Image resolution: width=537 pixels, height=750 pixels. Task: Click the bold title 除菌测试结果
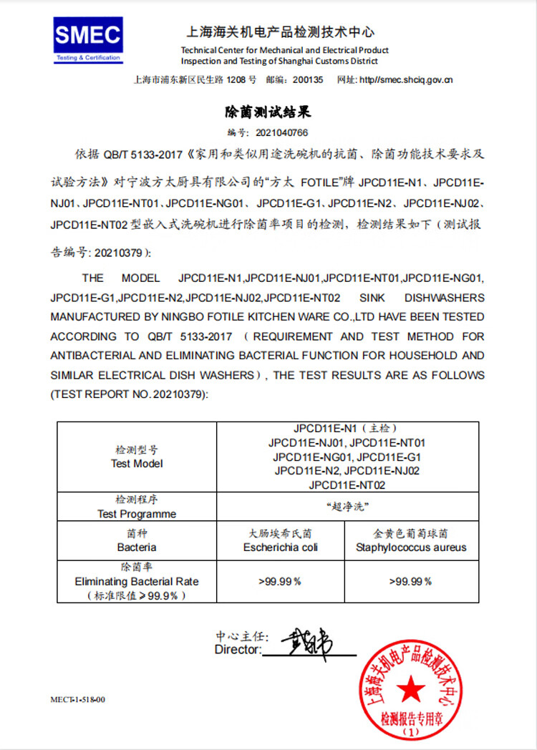click(x=268, y=113)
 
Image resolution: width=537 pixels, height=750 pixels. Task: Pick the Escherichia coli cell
click(x=281, y=547)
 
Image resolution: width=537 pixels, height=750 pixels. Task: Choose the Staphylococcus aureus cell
click(x=411, y=547)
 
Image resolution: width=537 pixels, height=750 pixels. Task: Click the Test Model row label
click(x=137, y=464)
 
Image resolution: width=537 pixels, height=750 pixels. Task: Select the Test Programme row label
click(x=137, y=514)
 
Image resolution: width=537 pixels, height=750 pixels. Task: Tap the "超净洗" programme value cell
click(x=347, y=507)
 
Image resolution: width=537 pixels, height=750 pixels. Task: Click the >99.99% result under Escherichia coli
click(x=280, y=581)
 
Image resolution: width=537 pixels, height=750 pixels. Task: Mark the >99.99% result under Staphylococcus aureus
click(x=411, y=581)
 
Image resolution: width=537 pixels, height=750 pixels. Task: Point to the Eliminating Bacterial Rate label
click(x=137, y=582)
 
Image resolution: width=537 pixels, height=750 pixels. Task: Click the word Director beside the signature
click(x=237, y=650)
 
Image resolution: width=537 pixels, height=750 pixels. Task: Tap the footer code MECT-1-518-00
click(x=77, y=699)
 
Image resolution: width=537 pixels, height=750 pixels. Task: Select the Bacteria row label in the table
click(x=137, y=547)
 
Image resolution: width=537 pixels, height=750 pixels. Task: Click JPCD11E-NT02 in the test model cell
click(x=347, y=484)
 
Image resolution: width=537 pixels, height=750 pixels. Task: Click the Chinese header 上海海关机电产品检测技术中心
click(x=280, y=32)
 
